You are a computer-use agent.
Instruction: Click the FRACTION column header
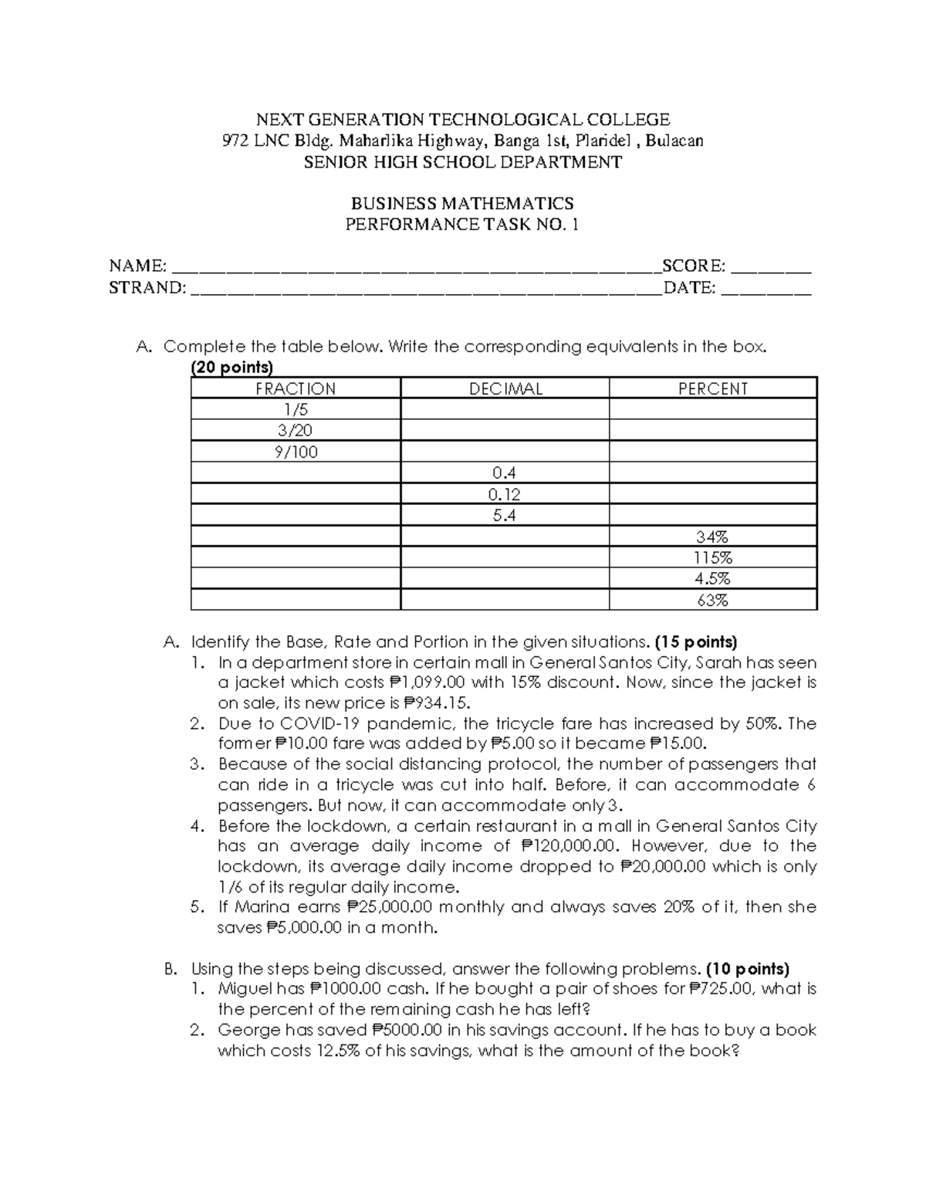[296, 388]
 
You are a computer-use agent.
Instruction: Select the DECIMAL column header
[505, 388]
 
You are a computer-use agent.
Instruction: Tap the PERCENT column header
[713, 388]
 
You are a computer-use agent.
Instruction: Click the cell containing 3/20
[296, 431]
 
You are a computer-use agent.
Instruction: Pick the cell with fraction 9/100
[296, 452]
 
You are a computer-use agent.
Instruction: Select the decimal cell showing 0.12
[505, 494]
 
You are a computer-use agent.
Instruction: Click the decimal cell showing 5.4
[505, 515]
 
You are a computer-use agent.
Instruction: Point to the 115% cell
[713, 557]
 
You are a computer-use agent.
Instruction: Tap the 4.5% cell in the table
[713, 578]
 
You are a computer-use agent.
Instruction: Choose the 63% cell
[713, 600]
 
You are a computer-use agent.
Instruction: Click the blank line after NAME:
[415, 269]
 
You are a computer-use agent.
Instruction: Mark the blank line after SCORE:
[771, 269]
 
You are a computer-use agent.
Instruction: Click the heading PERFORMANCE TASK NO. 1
[462, 225]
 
